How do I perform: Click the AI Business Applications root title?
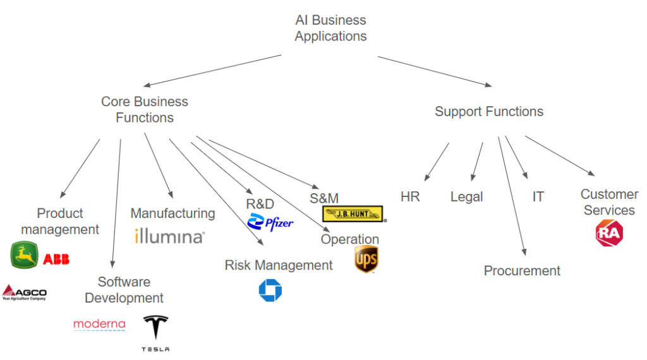tap(330, 28)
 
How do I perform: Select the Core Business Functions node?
tap(145, 109)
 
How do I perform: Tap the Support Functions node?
tap(488, 112)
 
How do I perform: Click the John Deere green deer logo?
tap(24, 255)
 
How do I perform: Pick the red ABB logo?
tap(56, 258)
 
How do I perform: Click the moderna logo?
tap(99, 325)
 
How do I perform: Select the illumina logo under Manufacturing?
tap(169, 237)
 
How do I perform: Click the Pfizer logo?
tap(270, 222)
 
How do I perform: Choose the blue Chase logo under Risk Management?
tap(270, 291)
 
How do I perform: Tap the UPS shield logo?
tap(366, 260)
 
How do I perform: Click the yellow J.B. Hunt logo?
tap(354, 213)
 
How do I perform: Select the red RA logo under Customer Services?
tap(608, 233)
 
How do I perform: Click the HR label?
tap(410, 196)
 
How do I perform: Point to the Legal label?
tap(466, 196)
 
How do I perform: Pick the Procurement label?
tap(522, 270)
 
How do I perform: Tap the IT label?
tap(538, 196)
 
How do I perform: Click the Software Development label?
tap(124, 289)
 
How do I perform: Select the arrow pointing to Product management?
tap(80, 168)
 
